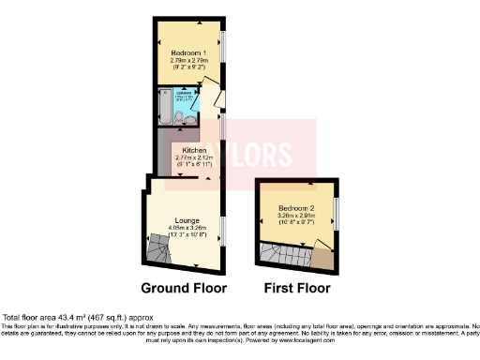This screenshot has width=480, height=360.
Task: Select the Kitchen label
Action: tap(193, 150)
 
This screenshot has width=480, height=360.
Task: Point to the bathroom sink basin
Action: tap(177, 120)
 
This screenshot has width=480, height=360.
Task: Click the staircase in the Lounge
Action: tap(160, 248)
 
